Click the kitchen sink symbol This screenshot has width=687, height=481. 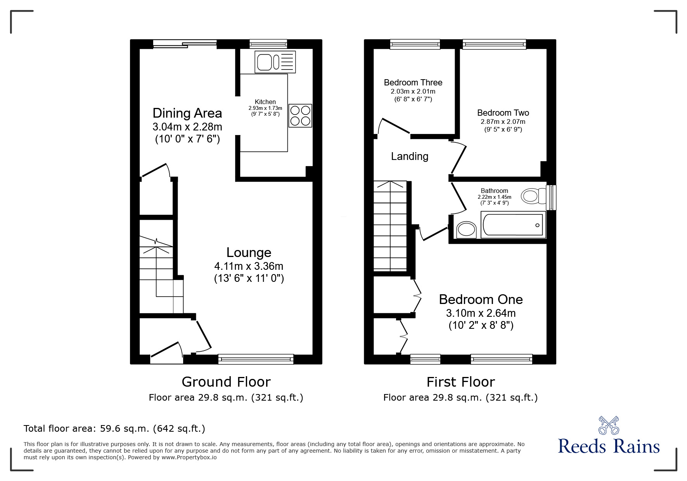[x=275, y=62]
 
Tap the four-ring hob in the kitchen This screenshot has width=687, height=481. [x=300, y=116]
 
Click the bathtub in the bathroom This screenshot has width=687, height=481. [x=513, y=225]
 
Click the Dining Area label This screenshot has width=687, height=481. [x=187, y=113]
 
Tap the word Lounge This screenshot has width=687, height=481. [x=249, y=253]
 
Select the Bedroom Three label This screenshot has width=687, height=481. [x=413, y=82]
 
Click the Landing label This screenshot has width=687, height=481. [x=410, y=156]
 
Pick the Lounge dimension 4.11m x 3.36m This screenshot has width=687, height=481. [x=249, y=266]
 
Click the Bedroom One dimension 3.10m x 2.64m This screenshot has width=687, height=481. [x=481, y=313]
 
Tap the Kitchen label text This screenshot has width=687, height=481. [x=265, y=102]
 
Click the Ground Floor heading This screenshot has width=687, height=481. [x=226, y=382]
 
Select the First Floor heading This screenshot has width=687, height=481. [x=461, y=382]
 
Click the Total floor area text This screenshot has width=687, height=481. [x=114, y=429]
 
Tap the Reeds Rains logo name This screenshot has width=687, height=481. [x=609, y=446]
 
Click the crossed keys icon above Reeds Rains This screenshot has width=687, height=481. [x=609, y=425]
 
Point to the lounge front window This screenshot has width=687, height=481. [x=256, y=359]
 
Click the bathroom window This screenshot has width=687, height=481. [x=551, y=197]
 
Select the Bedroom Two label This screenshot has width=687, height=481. [x=503, y=113]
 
